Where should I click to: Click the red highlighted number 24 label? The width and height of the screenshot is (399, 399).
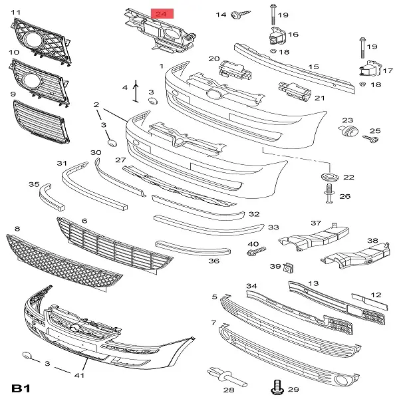pos(162,13)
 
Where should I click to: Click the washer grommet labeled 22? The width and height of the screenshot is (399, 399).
pos(329,178)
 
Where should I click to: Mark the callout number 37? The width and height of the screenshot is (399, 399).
pos(316,223)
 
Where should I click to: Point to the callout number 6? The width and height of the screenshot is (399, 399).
pos(84,220)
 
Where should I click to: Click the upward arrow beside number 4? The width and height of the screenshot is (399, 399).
pos(136,90)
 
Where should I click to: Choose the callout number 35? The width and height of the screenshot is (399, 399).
pos(33,184)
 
